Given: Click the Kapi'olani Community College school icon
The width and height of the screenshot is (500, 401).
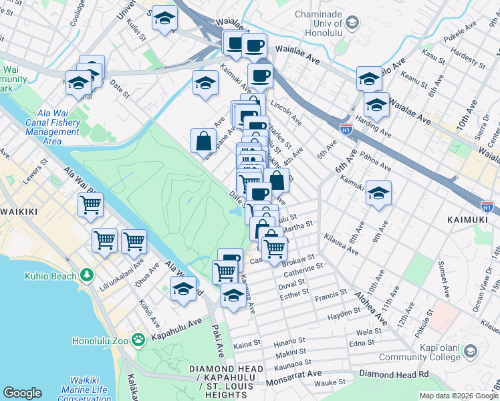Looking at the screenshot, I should (471, 351).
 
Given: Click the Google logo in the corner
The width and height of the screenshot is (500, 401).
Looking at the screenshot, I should (22, 393).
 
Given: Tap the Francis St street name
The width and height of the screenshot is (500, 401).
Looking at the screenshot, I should (332, 293).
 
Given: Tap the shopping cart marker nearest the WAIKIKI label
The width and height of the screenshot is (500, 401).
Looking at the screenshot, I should (90, 205).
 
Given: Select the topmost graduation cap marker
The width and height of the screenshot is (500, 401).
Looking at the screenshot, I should (164, 19).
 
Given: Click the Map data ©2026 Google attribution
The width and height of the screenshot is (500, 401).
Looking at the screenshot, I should (458, 396).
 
